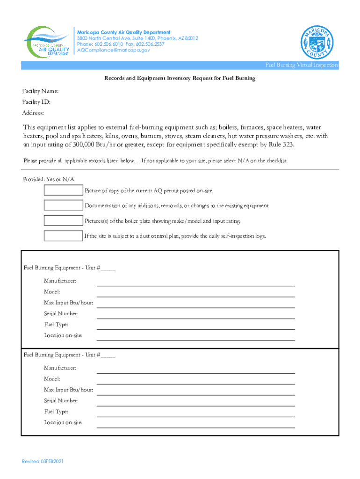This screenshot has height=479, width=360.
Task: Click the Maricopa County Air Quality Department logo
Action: [47, 41]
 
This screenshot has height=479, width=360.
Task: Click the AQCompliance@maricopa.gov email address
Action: [114, 50]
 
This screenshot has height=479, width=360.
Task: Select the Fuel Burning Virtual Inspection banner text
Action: [301, 65]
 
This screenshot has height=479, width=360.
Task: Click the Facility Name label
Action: [40, 91]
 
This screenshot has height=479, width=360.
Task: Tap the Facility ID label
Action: [36, 102]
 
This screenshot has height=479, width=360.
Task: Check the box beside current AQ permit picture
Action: [63, 190]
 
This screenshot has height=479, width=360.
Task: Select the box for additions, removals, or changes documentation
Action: [63, 205]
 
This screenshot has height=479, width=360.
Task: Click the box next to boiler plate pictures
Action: [63, 220]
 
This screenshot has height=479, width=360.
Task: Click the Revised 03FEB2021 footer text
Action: [43, 461]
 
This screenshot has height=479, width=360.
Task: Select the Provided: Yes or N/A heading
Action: [49, 179]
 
